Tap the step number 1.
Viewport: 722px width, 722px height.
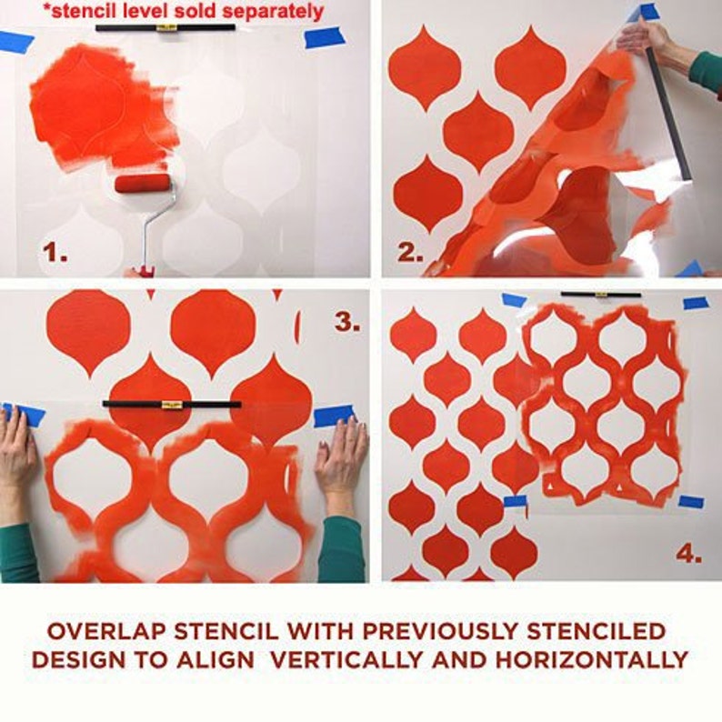55,253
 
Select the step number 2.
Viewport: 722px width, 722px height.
410,252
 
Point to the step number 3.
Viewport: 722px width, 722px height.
346,321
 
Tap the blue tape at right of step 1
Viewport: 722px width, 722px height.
325,37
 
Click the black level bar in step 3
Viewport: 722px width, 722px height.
172,404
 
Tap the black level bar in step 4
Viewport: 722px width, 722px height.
600,295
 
